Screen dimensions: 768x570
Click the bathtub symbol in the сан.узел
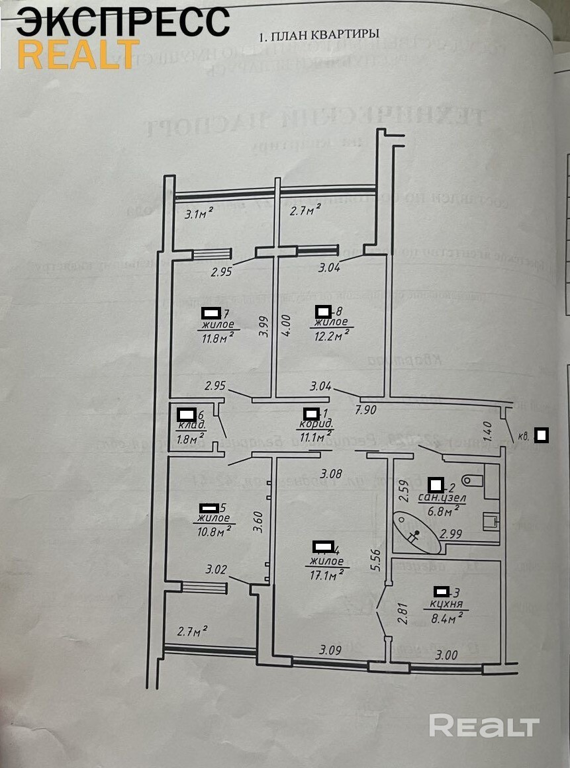click(418, 533)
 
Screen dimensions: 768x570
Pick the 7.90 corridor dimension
click(365, 409)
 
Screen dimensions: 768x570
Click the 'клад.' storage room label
click(191, 425)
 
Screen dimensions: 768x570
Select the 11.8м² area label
click(218, 336)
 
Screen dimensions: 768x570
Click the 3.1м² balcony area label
click(199, 213)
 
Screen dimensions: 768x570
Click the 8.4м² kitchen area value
click(445, 617)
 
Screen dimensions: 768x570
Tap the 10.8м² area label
click(214, 531)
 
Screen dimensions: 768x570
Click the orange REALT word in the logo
click(78, 54)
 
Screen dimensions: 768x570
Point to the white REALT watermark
click(484, 726)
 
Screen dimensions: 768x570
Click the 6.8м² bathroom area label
click(442, 511)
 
